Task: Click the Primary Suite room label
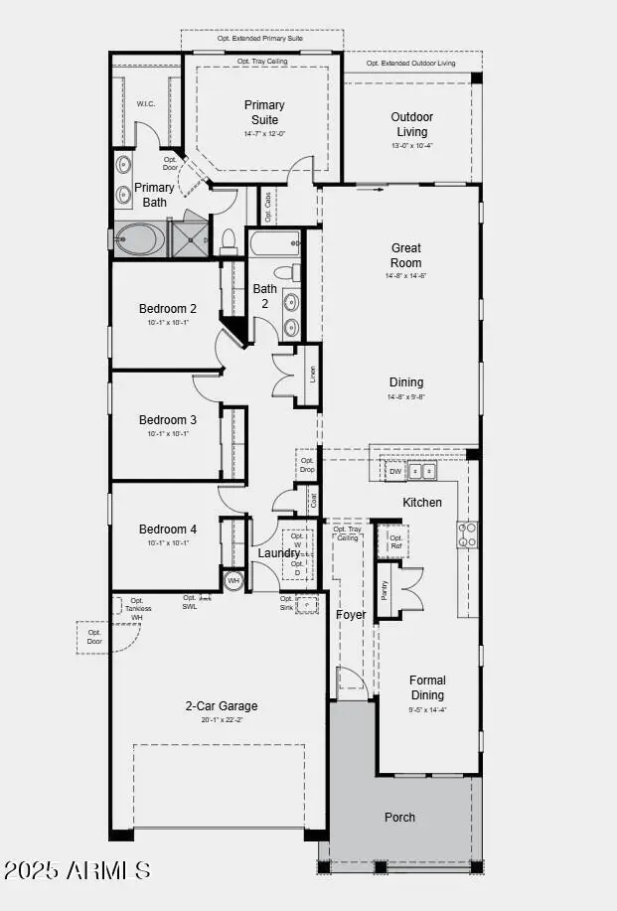click(x=264, y=112)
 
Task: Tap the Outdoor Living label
click(x=411, y=124)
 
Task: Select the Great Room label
click(x=405, y=255)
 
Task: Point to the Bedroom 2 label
click(x=168, y=309)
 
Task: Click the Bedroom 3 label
click(x=168, y=420)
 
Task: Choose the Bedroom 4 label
click(x=168, y=530)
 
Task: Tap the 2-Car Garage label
click(x=221, y=706)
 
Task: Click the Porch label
click(x=400, y=817)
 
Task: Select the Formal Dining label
click(x=427, y=687)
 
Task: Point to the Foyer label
click(x=351, y=615)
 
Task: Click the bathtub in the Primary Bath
click(x=139, y=240)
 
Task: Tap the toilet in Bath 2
click(x=285, y=272)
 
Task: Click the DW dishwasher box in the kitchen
click(x=395, y=471)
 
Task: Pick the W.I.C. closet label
click(x=145, y=104)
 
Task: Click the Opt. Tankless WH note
click(x=136, y=608)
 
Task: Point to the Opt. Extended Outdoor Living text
click(x=411, y=63)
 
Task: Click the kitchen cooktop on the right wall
click(x=467, y=534)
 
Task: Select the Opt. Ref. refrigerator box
click(x=395, y=541)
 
